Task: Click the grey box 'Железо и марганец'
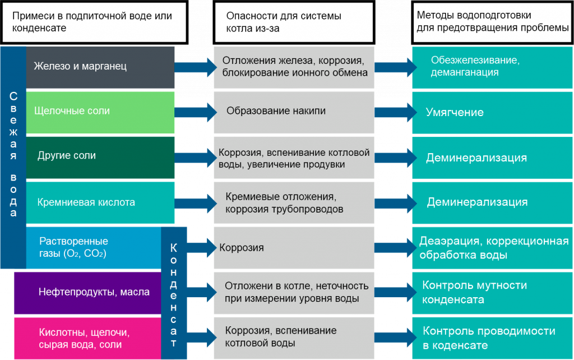point(101,67)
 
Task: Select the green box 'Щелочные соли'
point(101,112)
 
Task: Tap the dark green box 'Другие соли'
point(101,156)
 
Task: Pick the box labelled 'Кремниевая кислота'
point(101,202)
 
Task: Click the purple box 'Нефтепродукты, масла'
point(87,292)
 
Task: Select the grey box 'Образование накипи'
point(294,112)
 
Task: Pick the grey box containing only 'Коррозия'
point(294,247)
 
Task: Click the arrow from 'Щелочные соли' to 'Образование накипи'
point(196,111)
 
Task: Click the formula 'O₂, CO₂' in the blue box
point(87,253)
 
